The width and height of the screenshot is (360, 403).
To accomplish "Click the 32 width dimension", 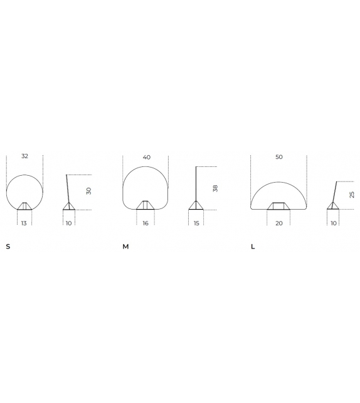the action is coord(24,156).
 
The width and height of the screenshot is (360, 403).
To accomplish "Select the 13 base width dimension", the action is coord(24,223).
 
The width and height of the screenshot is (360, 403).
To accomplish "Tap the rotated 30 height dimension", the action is coord(88,191).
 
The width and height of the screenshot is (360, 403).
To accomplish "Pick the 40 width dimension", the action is coord(147,157).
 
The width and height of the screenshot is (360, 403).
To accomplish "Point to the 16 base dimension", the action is coord(146,223).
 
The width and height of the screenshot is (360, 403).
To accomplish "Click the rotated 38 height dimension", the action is coord(215,188).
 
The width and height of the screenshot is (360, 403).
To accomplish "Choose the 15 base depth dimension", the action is coord(196,223).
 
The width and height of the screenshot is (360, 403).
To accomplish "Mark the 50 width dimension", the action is coord(279,157).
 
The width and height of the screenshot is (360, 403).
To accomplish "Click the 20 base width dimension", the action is coord(279,223).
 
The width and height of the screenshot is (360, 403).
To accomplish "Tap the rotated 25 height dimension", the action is coord(352,195).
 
